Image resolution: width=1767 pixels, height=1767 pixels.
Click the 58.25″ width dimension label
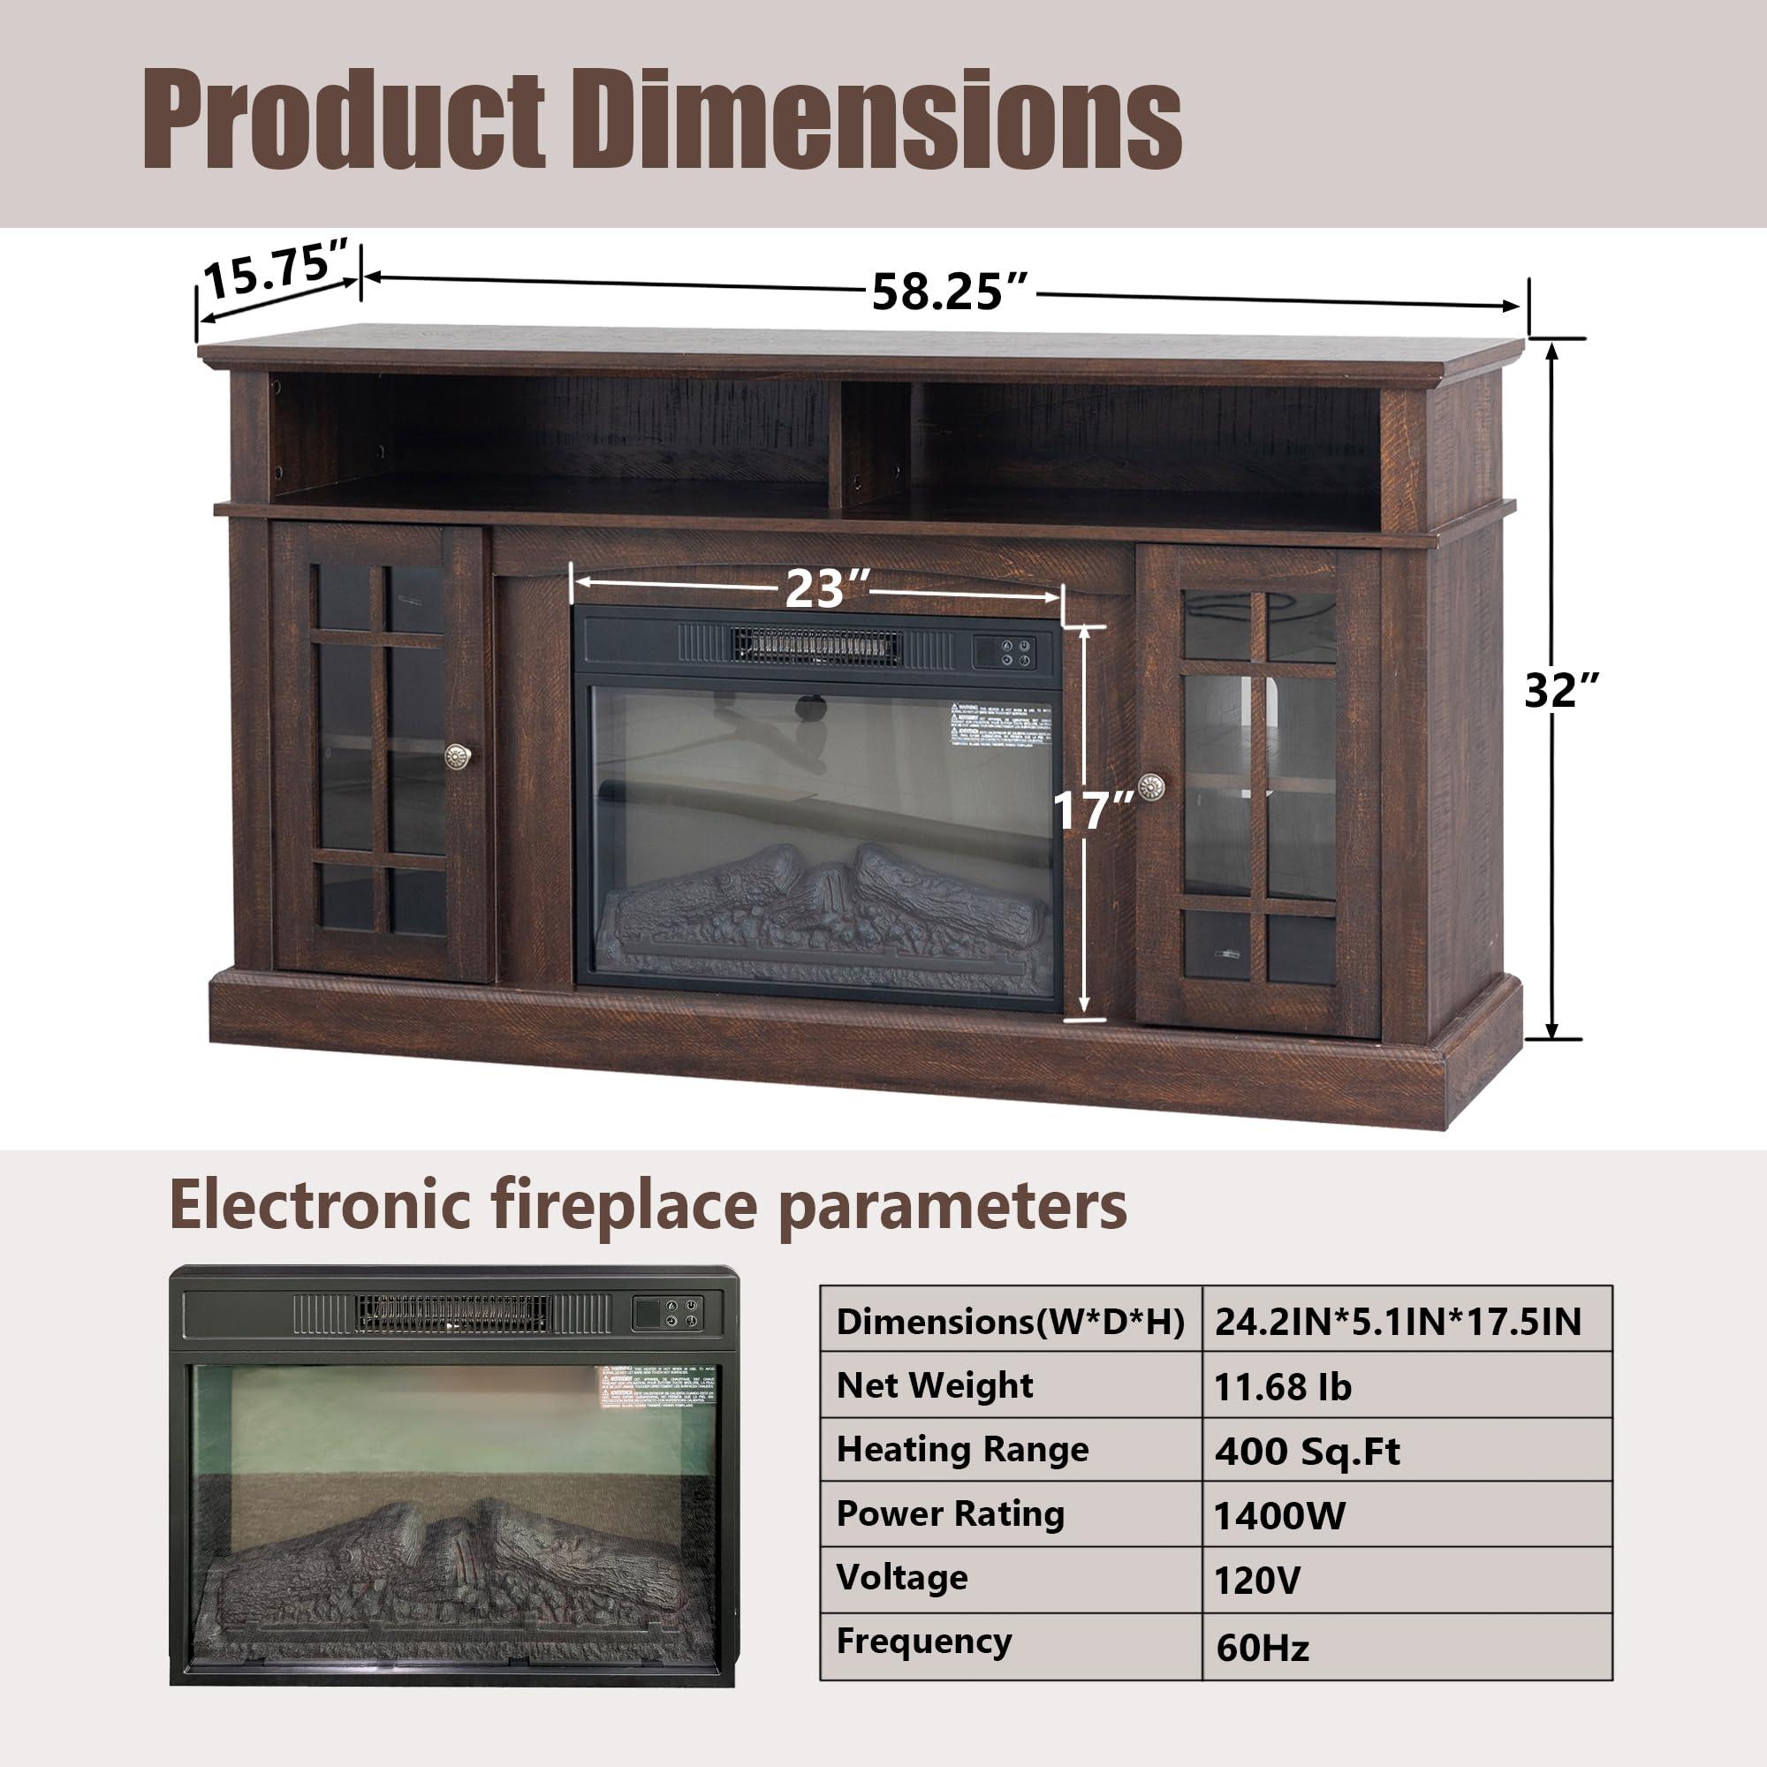point(952,292)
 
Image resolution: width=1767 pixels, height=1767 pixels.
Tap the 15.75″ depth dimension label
point(276,271)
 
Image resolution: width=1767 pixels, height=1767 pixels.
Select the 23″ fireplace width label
point(815,589)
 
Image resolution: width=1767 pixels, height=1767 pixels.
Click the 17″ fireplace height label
point(1094,810)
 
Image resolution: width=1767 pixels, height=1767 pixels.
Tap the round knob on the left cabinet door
point(457,755)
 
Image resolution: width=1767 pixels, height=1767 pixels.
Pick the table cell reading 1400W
point(1279,1516)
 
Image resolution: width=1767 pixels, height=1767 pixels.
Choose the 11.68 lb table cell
point(1282,1387)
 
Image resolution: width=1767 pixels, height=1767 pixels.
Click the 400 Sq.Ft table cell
point(1307,1452)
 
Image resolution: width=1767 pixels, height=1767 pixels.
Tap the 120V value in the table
point(1257,1581)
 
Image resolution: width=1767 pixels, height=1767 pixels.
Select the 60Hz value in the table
point(1263,1647)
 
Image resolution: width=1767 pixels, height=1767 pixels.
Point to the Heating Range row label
point(962,1451)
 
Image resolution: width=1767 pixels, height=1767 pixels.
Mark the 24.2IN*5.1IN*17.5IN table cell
point(1398,1323)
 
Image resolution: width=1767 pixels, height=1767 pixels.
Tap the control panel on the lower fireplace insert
point(670,1314)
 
